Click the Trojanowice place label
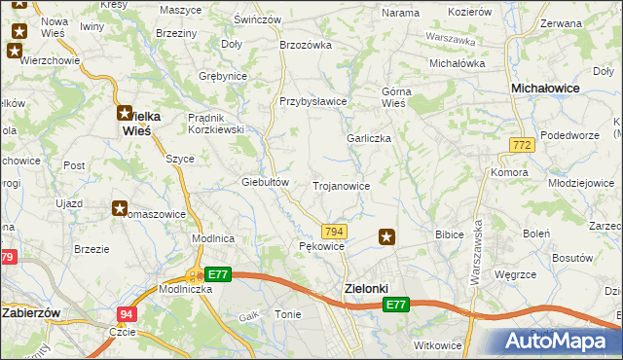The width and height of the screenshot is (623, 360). [x=341, y=185]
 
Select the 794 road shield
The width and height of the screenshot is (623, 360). [x=334, y=231]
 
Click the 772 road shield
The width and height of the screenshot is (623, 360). [x=521, y=145]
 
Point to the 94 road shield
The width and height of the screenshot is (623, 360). [x=127, y=314]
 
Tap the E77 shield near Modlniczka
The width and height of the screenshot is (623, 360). [x=217, y=275]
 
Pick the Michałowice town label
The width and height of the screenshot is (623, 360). [x=546, y=88]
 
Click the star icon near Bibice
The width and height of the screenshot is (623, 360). [x=387, y=236]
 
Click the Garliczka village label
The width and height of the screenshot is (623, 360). [x=369, y=138]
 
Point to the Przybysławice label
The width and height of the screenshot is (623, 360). [x=313, y=101]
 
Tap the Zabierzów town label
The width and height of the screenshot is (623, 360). [x=33, y=313]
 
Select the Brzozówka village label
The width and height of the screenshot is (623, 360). [x=306, y=44]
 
